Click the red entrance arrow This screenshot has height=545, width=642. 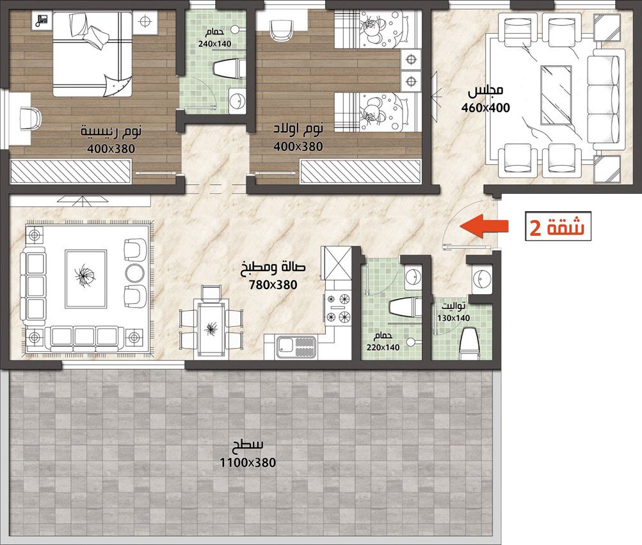point(484,226)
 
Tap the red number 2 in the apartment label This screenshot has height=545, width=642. point(534,228)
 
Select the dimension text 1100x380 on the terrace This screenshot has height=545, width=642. point(248,462)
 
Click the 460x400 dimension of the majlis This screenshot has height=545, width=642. point(486,108)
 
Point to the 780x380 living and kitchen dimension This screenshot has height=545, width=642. point(273,285)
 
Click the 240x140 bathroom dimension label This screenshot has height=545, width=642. point(214,43)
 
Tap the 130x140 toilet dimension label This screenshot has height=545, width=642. point(453,318)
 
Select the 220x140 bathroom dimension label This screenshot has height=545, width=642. point(383,347)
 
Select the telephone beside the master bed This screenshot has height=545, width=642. point(42,20)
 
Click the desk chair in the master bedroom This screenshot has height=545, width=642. point(30,118)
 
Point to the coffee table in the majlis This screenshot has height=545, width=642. point(556,95)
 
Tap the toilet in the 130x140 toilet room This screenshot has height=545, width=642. point(469,344)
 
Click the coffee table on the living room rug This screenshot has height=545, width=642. point(86,280)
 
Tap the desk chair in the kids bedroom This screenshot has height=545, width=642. point(282,30)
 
